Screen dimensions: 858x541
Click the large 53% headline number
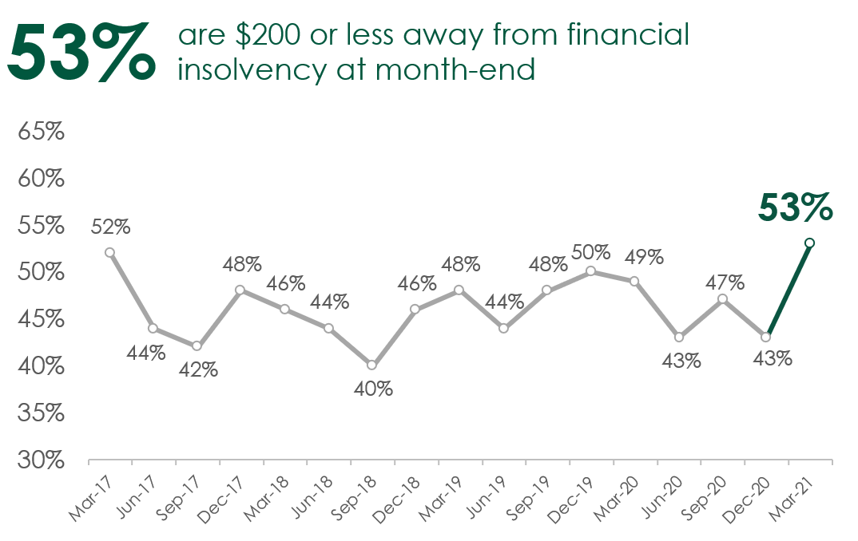tap(81, 51)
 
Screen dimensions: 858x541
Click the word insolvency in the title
tap(252, 70)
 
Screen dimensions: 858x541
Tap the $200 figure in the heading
tap(268, 34)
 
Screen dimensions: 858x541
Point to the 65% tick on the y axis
tap(41, 131)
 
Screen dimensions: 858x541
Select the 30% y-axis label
tap(41, 460)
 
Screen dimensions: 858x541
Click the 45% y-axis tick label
tap(41, 319)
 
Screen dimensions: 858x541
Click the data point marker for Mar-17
tap(109, 252)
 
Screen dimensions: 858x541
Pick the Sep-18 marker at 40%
tap(371, 365)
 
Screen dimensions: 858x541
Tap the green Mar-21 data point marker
tap(810, 243)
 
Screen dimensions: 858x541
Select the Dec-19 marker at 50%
tap(590, 271)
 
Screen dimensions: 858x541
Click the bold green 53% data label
tap(795, 207)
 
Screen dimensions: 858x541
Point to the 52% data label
tap(110, 227)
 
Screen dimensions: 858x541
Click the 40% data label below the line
tap(373, 389)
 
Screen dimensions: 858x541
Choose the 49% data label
tap(644, 257)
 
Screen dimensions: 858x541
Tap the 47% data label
tap(725, 282)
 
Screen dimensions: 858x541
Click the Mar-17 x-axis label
tap(90, 498)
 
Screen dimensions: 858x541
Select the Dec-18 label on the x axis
tap(396, 500)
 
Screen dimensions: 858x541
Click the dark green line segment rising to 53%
tap(788, 290)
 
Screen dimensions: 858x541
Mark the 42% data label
tap(198, 370)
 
